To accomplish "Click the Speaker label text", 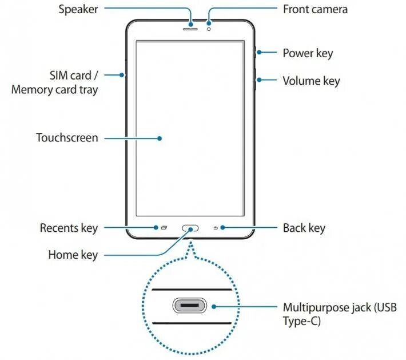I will coord(78,9).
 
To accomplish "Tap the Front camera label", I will coord(315,9).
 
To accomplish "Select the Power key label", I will coord(308,53).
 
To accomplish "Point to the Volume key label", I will coord(311,81).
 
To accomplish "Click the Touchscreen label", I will coord(67,138).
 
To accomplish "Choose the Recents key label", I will coord(69,228).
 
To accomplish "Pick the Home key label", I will coord(73,255).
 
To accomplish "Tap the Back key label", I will coord(304,228).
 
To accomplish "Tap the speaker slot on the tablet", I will coord(190,28).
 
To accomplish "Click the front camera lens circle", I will coord(210,28).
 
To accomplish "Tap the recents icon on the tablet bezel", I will coord(164,228).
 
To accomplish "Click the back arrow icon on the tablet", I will coord(216,228).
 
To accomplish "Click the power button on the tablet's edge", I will coord(256,53).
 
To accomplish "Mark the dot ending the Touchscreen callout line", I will coord(161,138).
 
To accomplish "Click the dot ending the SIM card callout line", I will coord(122,74).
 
